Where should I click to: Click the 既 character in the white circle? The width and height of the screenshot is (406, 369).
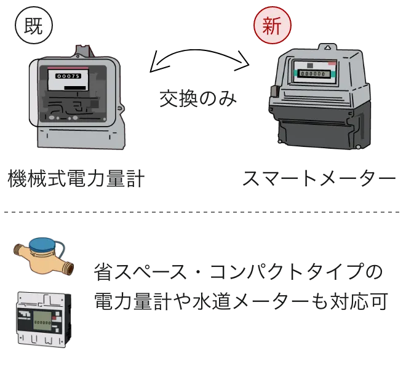coord(34,25)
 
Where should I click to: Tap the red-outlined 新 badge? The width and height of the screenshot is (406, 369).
coord(272,25)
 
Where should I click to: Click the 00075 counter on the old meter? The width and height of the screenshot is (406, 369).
coord(68,76)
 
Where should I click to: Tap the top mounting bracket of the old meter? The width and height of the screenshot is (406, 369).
coord(82,51)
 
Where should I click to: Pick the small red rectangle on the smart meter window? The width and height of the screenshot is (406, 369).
coord(332,63)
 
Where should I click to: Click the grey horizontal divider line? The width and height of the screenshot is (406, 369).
coord(203,213)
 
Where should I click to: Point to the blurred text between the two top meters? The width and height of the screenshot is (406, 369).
coord(196,98)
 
